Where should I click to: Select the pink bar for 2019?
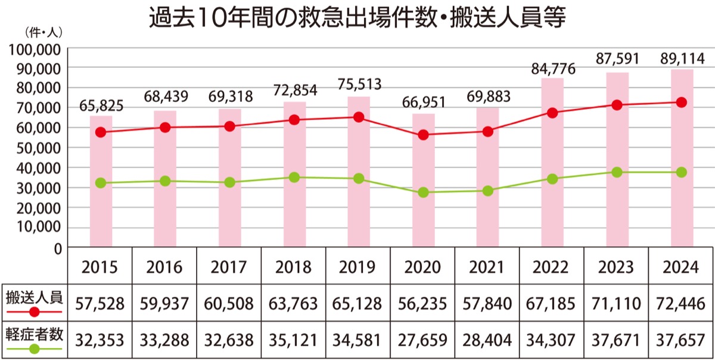359,173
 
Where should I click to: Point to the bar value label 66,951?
423,103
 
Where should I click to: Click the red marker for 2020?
424,135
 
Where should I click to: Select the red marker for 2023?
617,105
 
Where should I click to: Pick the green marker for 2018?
294,178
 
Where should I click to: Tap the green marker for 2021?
488,191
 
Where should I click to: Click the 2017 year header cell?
229,266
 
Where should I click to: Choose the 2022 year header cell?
552,266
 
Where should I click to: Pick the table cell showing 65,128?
358,303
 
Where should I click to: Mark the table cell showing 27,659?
423,340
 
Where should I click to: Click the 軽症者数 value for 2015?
100,340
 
